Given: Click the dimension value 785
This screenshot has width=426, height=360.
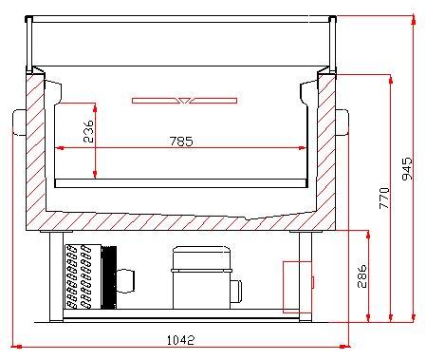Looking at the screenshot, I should [181, 141].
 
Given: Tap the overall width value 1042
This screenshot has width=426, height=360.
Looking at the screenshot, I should [181, 339].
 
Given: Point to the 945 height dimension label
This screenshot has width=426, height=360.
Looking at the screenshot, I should [406, 169].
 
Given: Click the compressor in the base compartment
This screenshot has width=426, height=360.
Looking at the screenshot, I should [202, 276].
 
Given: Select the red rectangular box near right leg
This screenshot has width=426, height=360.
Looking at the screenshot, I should [291, 283].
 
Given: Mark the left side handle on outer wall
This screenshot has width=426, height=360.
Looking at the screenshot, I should [20, 122].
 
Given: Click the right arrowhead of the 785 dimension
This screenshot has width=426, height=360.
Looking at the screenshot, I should [304, 147].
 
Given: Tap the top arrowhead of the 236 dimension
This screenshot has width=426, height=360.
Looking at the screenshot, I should [96, 102].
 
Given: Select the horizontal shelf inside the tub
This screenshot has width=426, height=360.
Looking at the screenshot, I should [183, 181].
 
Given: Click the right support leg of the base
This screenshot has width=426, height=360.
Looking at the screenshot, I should [306, 275].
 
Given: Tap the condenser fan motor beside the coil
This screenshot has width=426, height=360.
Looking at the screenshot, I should [123, 279].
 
